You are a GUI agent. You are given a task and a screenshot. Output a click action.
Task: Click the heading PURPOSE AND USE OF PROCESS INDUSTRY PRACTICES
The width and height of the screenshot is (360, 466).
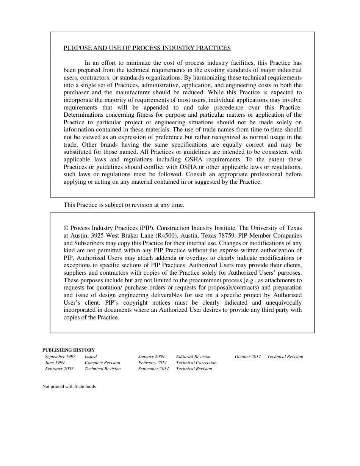(x=147, y=48)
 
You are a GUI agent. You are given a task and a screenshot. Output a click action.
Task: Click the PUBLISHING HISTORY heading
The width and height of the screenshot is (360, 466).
(x=69, y=350)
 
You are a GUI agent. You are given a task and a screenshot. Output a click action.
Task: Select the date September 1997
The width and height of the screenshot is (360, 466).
(x=60, y=357)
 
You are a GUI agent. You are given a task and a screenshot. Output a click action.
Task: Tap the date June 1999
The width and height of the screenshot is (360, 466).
(x=55, y=363)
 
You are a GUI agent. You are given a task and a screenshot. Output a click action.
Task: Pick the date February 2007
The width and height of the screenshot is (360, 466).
(x=59, y=369)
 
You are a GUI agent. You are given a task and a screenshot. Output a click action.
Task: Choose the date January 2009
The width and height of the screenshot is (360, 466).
(x=151, y=357)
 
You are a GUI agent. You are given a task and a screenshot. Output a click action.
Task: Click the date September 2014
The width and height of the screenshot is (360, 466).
(x=153, y=369)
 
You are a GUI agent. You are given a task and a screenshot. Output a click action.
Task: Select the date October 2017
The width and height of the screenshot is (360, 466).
(x=248, y=357)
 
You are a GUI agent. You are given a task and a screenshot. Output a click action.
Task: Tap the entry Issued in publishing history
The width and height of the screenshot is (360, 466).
(x=91, y=357)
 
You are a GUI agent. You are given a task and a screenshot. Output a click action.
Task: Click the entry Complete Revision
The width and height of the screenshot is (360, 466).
(x=102, y=363)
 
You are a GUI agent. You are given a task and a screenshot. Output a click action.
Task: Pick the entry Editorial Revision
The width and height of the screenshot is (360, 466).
(x=193, y=357)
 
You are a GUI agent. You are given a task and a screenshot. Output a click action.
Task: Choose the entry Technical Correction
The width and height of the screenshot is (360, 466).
(x=196, y=363)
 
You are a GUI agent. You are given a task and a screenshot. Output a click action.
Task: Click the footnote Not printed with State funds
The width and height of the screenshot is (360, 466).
(x=69, y=387)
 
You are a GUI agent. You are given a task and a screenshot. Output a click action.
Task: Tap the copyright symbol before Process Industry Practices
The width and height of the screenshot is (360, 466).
(x=66, y=228)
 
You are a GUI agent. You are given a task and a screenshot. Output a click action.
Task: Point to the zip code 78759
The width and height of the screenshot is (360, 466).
(x=227, y=236)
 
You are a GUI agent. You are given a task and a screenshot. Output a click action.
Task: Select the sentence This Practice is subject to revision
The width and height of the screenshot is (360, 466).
(x=124, y=205)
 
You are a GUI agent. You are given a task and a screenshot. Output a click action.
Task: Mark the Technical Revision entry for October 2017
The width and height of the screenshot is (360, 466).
(x=285, y=357)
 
